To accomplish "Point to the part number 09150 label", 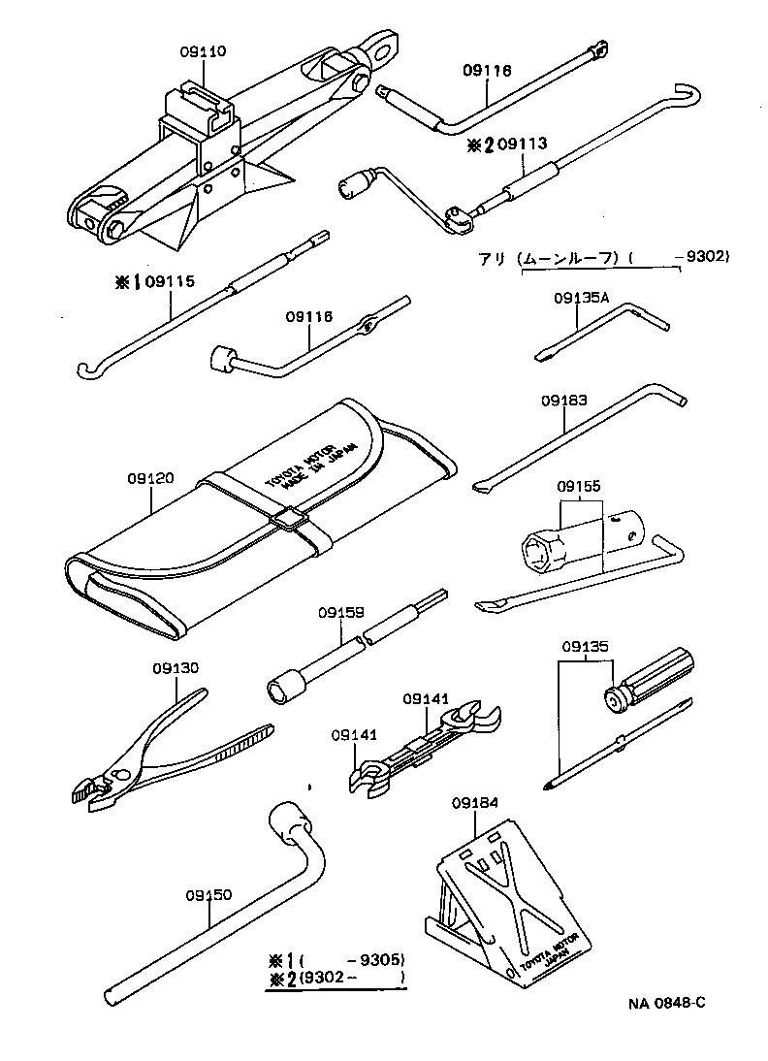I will click(208, 896).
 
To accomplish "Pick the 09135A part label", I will click(582, 299).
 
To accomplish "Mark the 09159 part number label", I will click(340, 612).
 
